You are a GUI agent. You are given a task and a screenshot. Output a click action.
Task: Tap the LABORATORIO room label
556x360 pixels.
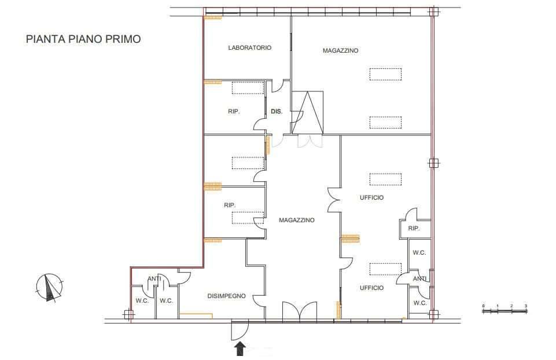click(249, 47)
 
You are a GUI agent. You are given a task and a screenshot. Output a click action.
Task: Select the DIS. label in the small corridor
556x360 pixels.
click(277, 111)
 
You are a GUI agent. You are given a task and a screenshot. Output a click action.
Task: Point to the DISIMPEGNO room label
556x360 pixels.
click(226, 296)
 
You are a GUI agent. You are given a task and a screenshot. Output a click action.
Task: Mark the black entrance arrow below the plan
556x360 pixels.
click(241, 348)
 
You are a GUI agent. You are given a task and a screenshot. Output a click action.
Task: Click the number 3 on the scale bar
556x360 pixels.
click(526, 306)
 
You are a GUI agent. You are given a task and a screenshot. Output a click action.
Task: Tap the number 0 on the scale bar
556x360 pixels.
click(483, 306)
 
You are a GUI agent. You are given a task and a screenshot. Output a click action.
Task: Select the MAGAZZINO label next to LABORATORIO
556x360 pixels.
click(340, 51)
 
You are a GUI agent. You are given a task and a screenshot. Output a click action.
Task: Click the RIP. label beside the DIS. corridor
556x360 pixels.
click(234, 111)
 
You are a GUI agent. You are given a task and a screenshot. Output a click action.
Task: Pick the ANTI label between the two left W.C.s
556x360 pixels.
click(154, 279)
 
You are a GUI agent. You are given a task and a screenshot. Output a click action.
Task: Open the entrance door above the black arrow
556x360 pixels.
click(240, 330)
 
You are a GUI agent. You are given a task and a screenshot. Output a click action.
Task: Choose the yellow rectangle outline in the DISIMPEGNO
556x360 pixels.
click(196, 315)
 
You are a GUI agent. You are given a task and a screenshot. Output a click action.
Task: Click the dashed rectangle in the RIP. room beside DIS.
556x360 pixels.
click(248, 88)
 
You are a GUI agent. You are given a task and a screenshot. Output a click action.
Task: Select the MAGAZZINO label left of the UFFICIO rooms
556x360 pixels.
click(296, 221)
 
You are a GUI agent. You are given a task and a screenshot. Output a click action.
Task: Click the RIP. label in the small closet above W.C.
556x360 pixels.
click(414, 229)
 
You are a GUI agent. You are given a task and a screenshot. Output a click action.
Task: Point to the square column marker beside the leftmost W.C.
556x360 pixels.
click(129, 315)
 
